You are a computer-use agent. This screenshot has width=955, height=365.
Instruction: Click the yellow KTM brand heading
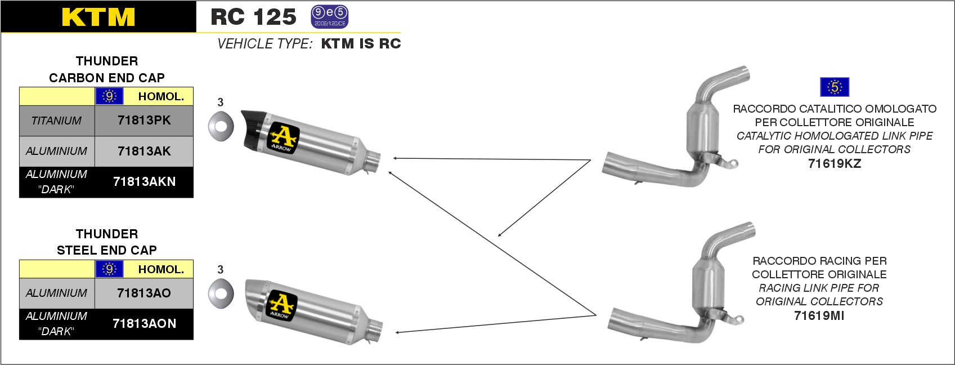tap(98, 17)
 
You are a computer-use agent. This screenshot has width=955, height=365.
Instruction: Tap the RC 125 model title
tap(253, 17)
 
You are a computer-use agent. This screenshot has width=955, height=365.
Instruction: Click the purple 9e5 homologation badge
tap(330, 17)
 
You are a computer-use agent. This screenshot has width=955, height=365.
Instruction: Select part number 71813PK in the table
tap(144, 121)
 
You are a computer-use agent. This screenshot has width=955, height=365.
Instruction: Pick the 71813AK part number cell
tap(144, 151)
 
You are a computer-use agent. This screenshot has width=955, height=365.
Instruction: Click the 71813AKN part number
tap(144, 182)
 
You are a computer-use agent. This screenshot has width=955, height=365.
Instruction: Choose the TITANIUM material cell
tap(56, 121)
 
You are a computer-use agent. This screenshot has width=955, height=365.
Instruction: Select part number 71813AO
tap(144, 293)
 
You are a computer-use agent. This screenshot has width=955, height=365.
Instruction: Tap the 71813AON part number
tap(144, 323)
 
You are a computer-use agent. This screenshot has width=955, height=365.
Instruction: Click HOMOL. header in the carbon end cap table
tap(161, 96)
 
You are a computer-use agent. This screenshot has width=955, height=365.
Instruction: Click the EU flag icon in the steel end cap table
tap(110, 269)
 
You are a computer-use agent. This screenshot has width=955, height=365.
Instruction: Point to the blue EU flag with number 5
tap(835, 87)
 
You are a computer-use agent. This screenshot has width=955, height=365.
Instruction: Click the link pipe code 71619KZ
tap(835, 163)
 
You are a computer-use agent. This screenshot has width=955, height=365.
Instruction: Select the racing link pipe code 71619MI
tap(819, 315)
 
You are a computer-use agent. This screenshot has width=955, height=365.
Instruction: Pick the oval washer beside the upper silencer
tap(221, 126)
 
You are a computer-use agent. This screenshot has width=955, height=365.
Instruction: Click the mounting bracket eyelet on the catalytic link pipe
tap(733, 163)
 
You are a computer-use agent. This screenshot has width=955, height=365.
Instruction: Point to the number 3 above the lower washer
tap(220, 269)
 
